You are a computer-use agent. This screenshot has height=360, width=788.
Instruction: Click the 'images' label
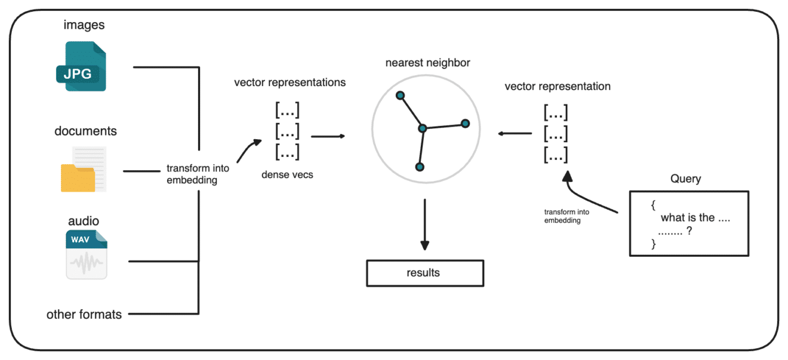tap(84, 25)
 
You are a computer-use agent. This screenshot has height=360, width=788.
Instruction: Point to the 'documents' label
tap(85, 131)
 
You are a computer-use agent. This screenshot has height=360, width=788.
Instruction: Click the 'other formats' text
tap(84, 314)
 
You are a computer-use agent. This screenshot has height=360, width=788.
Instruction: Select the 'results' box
tap(424, 273)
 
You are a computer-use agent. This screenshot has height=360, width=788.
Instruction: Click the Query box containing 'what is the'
tap(689, 224)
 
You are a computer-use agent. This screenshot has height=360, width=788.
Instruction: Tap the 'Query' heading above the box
tap(686, 179)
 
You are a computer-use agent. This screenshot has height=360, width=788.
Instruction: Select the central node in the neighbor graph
tap(423, 128)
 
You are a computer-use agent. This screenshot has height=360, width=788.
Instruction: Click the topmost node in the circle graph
tap(401, 96)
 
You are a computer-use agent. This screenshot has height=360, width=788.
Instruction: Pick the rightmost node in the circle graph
tap(466, 124)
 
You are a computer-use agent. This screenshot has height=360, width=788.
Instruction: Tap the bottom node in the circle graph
tap(420, 167)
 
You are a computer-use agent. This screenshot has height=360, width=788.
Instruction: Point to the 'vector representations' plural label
tap(290, 82)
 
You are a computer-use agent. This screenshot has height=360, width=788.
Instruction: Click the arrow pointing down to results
tap(424, 224)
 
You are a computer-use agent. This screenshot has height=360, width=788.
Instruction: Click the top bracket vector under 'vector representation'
tap(556, 112)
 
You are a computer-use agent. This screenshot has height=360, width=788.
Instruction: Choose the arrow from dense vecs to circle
tap(328, 136)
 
